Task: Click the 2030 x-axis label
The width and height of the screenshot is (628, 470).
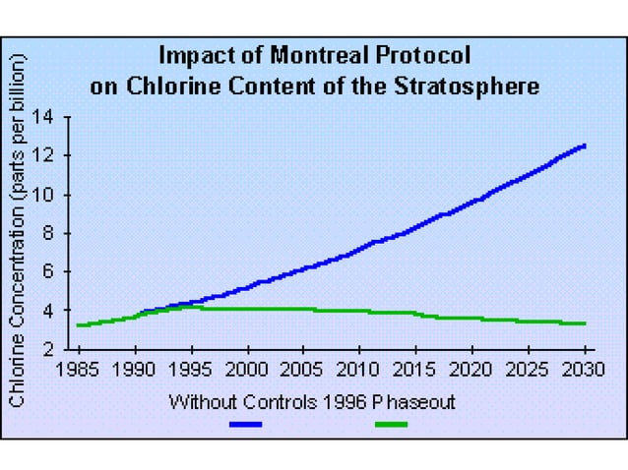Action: click(585, 371)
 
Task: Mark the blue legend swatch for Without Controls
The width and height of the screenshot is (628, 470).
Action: click(246, 425)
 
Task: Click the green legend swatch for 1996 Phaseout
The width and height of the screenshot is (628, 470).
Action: click(391, 425)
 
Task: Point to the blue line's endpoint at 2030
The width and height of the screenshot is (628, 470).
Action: click(585, 147)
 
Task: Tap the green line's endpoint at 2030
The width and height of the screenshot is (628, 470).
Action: click(585, 323)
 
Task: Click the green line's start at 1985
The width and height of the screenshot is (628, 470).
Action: click(79, 324)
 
